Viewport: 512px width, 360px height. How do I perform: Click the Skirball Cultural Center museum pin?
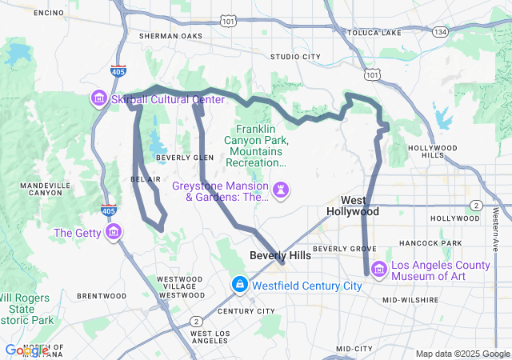99,98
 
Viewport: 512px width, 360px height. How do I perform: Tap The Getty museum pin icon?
114,233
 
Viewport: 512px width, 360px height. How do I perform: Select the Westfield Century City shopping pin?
239,285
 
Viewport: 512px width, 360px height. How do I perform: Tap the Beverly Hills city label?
279,255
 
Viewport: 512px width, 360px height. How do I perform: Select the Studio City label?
295,57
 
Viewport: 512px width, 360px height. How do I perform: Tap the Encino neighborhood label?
49,14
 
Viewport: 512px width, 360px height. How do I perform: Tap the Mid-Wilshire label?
410,300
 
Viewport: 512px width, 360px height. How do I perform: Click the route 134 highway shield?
439,32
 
